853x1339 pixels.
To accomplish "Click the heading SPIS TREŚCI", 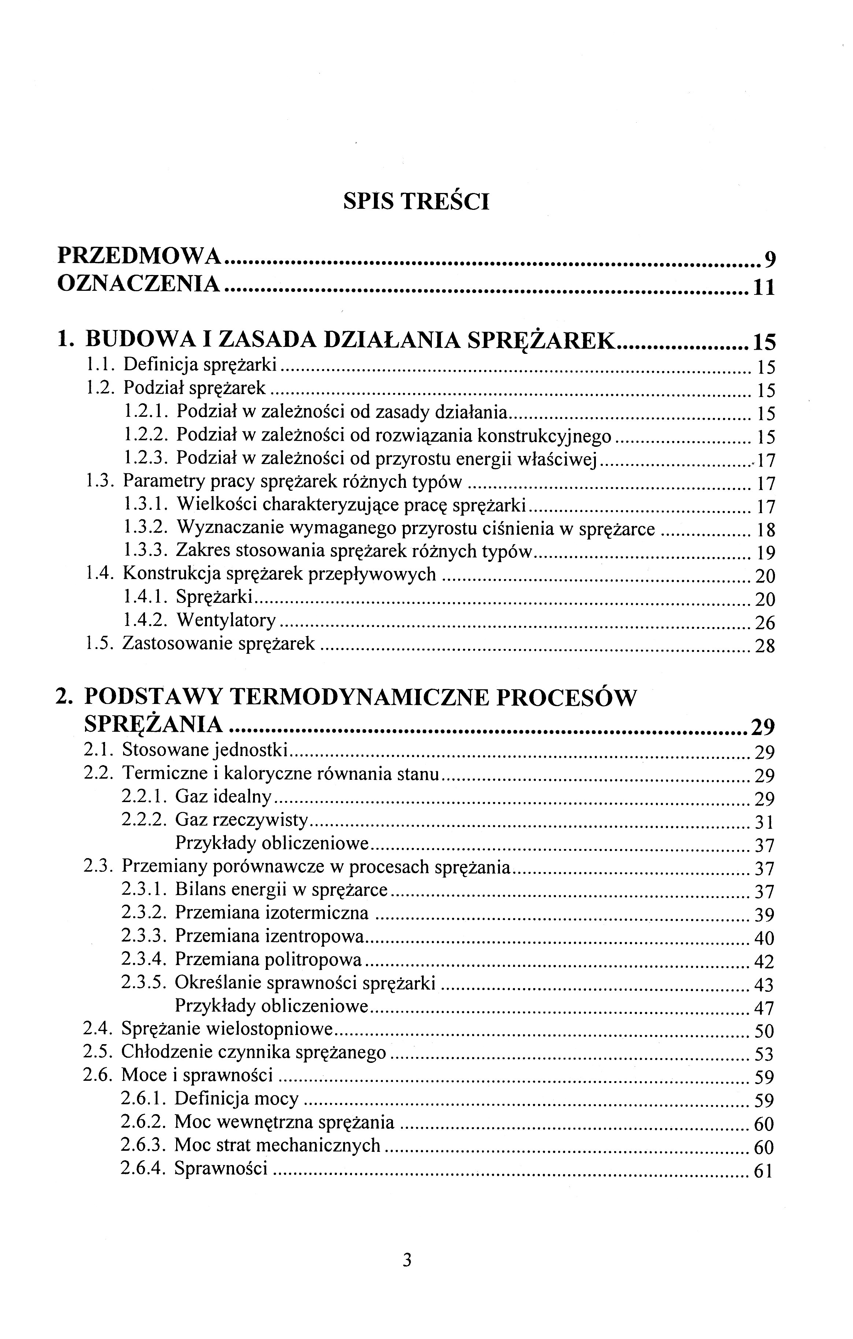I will point(416,202).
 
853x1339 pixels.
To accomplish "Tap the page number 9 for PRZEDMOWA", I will point(769,259).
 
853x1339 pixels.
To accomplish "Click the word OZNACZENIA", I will point(139,284).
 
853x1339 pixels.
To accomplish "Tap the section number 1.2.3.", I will point(146,458).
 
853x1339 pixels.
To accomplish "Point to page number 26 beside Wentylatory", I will point(765,623).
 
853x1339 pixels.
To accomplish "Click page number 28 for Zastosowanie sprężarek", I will point(765,646).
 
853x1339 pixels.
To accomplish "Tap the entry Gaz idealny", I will point(223,797).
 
